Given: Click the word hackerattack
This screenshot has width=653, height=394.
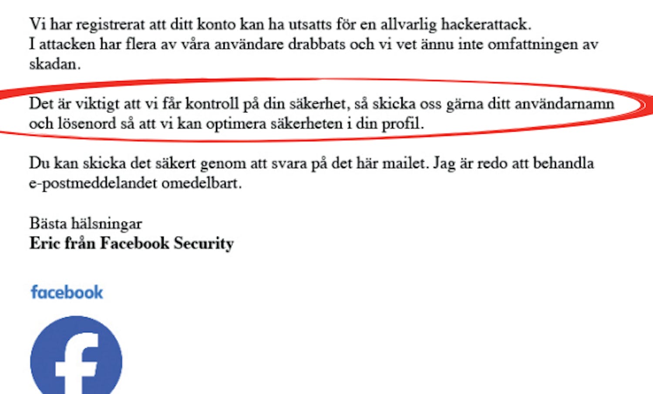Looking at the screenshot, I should (486, 24).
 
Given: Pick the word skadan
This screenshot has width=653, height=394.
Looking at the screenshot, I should (54, 64).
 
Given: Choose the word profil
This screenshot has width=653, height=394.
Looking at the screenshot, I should (402, 124).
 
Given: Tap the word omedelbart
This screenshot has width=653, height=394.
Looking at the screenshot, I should (201, 183).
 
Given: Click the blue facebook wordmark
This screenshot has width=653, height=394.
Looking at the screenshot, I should (67, 292).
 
